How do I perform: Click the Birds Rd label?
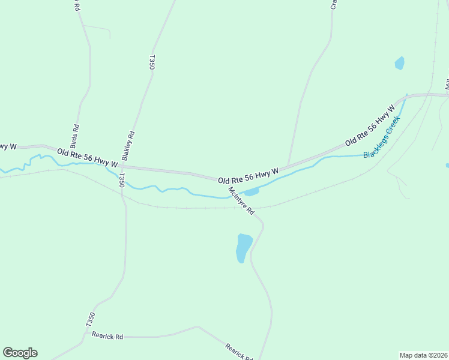click(x=75, y=136)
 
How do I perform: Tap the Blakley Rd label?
click(x=128, y=146)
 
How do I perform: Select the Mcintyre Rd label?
click(x=241, y=201)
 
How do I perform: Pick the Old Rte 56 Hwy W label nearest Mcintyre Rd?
click(x=249, y=176)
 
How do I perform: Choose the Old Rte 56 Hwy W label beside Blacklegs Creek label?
click(x=370, y=126)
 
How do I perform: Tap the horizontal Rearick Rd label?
click(x=107, y=337)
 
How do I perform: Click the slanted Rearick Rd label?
click(x=238, y=351)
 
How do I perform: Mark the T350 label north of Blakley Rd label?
click(x=152, y=63)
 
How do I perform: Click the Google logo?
click(x=20, y=353)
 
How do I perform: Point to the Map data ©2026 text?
click(x=423, y=355)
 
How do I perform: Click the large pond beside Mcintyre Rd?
click(x=243, y=247)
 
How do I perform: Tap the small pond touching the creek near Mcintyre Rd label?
click(x=251, y=192)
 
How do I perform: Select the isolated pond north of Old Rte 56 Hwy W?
click(x=399, y=63)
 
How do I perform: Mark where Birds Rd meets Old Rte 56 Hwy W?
click(x=70, y=151)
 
